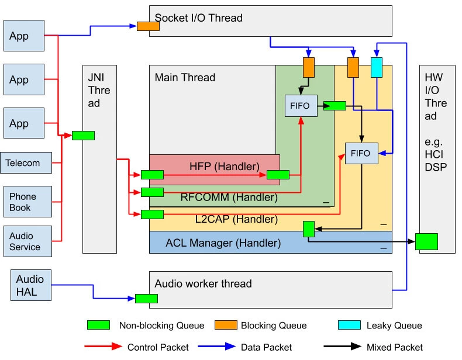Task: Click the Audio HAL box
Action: pos(29,285)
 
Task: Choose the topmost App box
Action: pos(23,36)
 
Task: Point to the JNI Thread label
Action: pos(99,90)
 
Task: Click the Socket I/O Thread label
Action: pos(199,18)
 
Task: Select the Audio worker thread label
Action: pos(203,284)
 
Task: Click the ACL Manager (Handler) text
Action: pos(223,243)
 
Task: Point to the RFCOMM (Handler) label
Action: pos(229,198)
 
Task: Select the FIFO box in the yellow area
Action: pos(361,153)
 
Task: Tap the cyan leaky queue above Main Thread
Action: pos(377,67)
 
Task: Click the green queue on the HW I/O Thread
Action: pos(426,241)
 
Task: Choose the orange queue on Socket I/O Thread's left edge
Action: pos(148,26)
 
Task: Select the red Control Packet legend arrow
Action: pos(102,347)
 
